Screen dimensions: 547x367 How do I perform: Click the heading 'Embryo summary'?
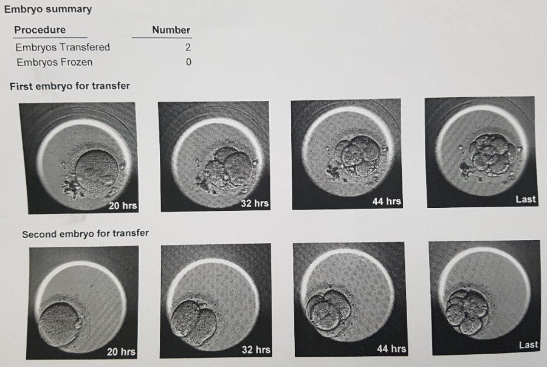(48, 9)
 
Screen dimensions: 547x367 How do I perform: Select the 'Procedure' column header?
(40, 30)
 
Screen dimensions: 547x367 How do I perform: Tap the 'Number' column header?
(171, 30)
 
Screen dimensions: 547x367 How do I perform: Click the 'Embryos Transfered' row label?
(63, 47)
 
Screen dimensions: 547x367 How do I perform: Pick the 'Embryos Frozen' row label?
(55, 62)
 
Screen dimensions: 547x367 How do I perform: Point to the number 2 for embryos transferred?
(188, 47)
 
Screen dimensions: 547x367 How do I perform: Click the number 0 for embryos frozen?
(188, 62)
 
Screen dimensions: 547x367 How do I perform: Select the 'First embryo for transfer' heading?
(70, 86)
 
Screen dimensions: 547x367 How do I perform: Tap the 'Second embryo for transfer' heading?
(86, 233)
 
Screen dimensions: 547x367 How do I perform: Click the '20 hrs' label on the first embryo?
(123, 205)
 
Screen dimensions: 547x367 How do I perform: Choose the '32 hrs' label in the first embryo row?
(255, 203)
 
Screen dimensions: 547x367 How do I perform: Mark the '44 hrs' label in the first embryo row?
(387, 201)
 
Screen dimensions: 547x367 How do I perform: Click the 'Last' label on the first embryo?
(525, 199)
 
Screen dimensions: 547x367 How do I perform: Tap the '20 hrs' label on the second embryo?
(121, 351)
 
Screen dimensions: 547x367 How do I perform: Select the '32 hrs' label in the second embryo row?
(256, 349)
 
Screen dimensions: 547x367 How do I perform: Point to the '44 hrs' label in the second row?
(391, 348)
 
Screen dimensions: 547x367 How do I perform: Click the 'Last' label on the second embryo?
(528, 345)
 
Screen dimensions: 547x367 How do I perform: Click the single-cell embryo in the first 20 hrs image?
(97, 171)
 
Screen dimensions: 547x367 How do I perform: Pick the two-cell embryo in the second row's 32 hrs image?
(194, 323)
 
